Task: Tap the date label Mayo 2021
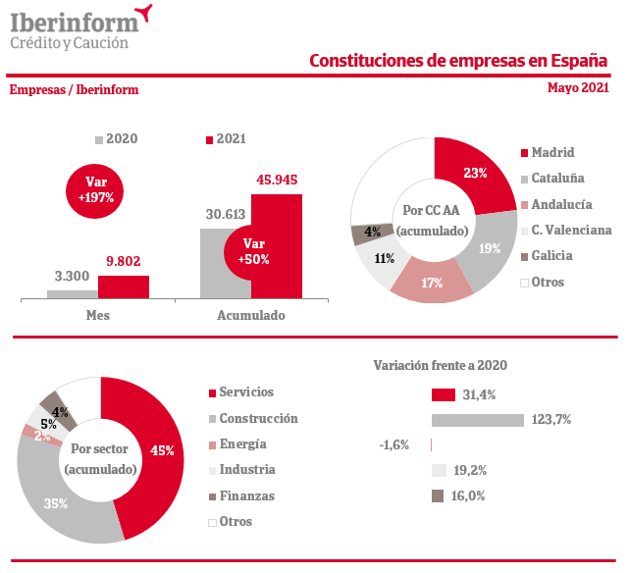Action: coord(578,87)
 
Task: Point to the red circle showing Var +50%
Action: coord(253,251)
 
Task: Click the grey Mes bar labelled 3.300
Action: coord(73,293)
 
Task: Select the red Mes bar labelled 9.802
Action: coord(124,286)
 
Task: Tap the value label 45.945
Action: coord(276,180)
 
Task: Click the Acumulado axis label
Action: coord(250,316)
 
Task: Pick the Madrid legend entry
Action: coord(552,152)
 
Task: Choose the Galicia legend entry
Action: coord(552,256)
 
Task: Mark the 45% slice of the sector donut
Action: coord(157,451)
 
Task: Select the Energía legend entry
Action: coord(242,443)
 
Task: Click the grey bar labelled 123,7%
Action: coord(477,420)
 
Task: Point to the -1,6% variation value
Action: coord(393,444)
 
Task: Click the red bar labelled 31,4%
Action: coord(443,394)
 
